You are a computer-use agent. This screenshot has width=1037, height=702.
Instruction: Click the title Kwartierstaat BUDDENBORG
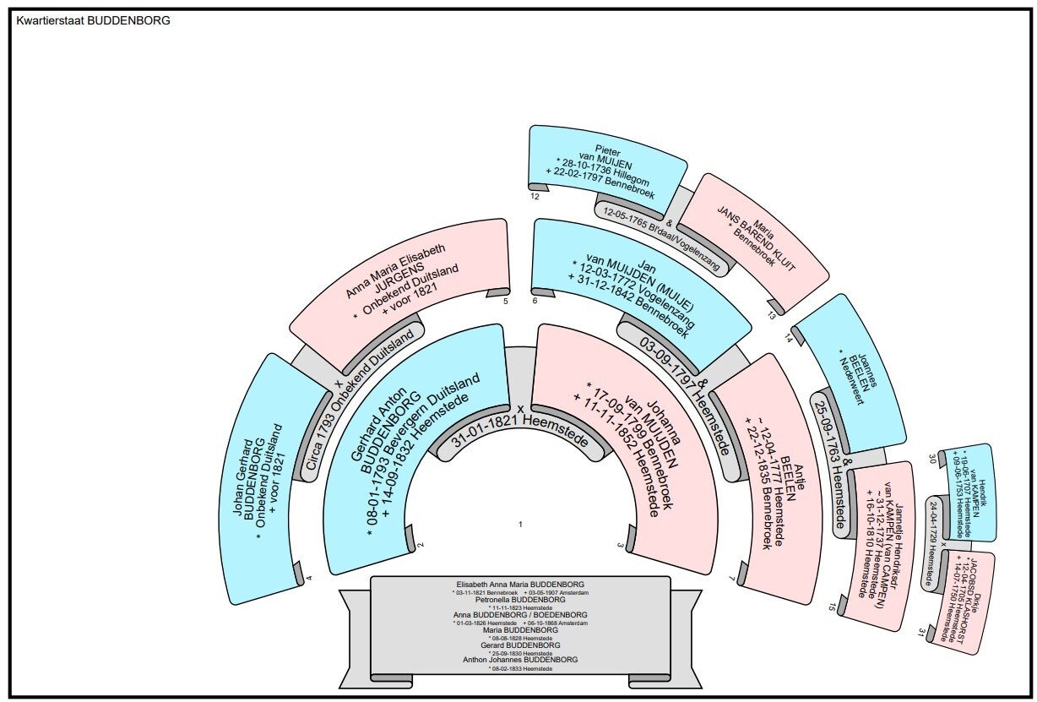(x=93, y=20)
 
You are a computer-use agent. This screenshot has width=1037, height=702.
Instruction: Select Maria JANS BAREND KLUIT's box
(x=752, y=228)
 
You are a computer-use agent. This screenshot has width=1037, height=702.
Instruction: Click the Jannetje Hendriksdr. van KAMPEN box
(x=878, y=541)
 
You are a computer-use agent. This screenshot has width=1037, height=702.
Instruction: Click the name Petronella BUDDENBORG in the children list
(x=520, y=599)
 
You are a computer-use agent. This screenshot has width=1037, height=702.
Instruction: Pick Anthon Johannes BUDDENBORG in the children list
(x=520, y=659)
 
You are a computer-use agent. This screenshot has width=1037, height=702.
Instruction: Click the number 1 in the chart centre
(x=521, y=525)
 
